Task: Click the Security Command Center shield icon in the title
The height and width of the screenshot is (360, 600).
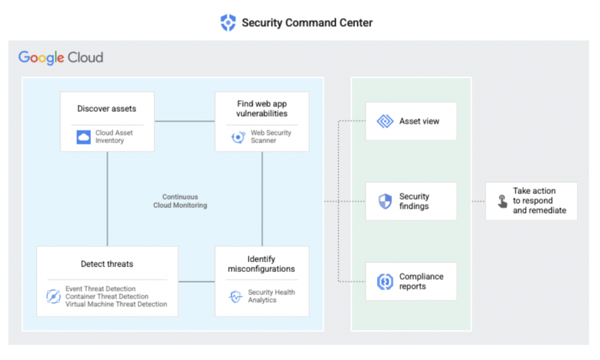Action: coord(227,23)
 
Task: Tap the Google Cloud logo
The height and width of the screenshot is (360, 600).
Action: coord(61,57)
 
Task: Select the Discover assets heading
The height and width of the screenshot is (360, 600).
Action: coord(107,108)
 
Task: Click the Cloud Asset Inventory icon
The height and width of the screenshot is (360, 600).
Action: coord(84,137)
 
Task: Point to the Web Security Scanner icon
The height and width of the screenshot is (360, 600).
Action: coord(238,137)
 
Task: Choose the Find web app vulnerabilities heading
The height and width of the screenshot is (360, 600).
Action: coord(262,108)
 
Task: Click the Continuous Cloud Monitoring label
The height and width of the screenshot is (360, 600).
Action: coord(180,201)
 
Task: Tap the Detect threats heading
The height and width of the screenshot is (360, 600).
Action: coord(107,264)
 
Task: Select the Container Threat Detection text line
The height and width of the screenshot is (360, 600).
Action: coord(107,297)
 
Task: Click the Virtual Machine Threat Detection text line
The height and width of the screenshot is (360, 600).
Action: coord(116,304)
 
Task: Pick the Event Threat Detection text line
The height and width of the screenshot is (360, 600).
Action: coord(100,289)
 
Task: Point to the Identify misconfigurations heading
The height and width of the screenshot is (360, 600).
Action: coord(261,264)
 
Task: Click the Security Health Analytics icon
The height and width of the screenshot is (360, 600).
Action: coord(236,297)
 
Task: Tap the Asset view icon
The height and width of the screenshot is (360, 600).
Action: coord(385,121)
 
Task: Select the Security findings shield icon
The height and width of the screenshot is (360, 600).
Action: coord(385,202)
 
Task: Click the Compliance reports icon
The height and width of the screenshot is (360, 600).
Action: coord(385,281)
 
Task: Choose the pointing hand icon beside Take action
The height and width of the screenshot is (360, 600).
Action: coord(502,202)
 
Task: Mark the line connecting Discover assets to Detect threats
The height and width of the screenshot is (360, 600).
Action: coord(107,199)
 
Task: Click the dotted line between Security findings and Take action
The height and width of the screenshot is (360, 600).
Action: coord(471,201)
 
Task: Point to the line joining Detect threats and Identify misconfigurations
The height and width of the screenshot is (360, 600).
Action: coord(196,281)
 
